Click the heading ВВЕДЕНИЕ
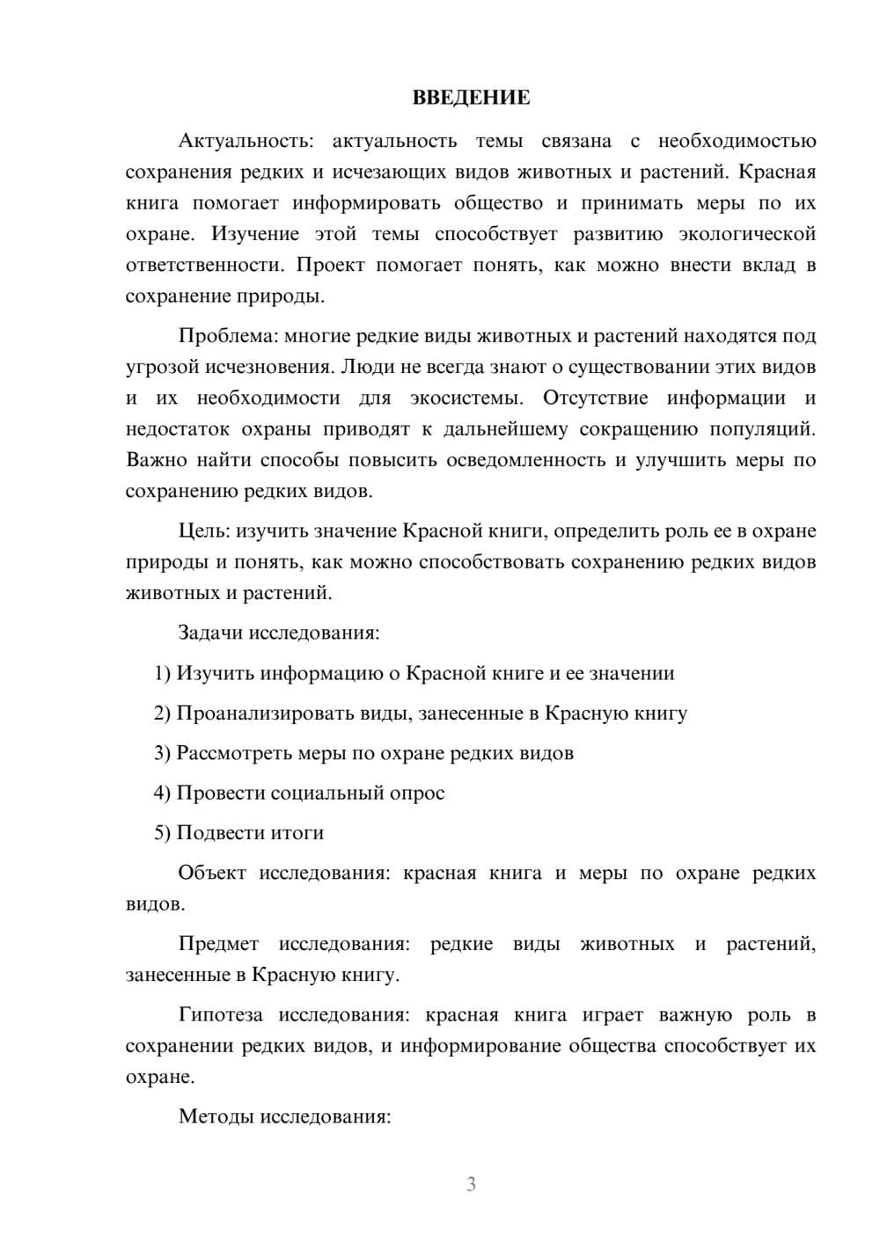coord(471,98)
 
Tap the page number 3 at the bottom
coord(471,1184)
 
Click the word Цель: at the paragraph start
coord(204,531)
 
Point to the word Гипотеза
coord(220,1015)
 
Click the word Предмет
coord(218,945)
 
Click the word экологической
coord(747,234)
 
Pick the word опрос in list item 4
coord(416,794)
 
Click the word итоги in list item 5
coord(297,833)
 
